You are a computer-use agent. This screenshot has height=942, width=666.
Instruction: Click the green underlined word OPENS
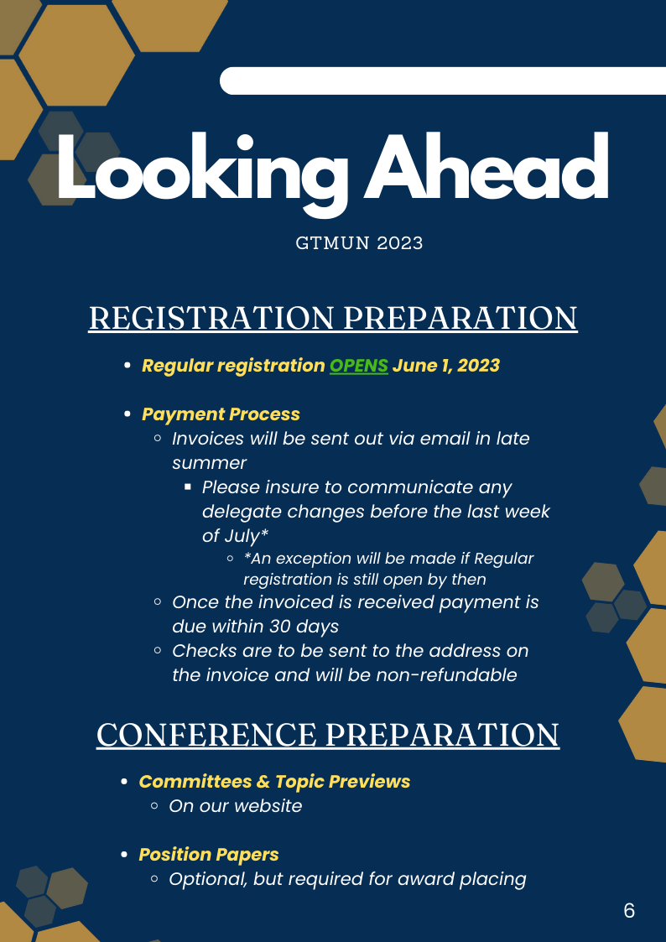(359, 365)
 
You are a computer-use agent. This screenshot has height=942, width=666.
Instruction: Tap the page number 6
(629, 911)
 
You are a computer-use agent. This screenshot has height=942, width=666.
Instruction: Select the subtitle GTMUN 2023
(359, 243)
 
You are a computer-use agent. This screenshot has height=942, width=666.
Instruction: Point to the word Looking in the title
(202, 172)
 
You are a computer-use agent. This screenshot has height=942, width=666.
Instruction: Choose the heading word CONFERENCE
(206, 735)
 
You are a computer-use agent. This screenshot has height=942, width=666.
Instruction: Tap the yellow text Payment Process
(221, 414)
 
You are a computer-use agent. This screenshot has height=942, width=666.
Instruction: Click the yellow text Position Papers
(209, 854)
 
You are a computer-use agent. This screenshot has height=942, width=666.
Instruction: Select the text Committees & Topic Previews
(274, 782)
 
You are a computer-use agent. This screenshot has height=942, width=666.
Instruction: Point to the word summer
(210, 463)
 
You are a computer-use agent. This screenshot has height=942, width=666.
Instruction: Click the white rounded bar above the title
(443, 81)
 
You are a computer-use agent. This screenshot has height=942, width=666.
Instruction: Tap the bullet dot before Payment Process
(127, 414)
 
